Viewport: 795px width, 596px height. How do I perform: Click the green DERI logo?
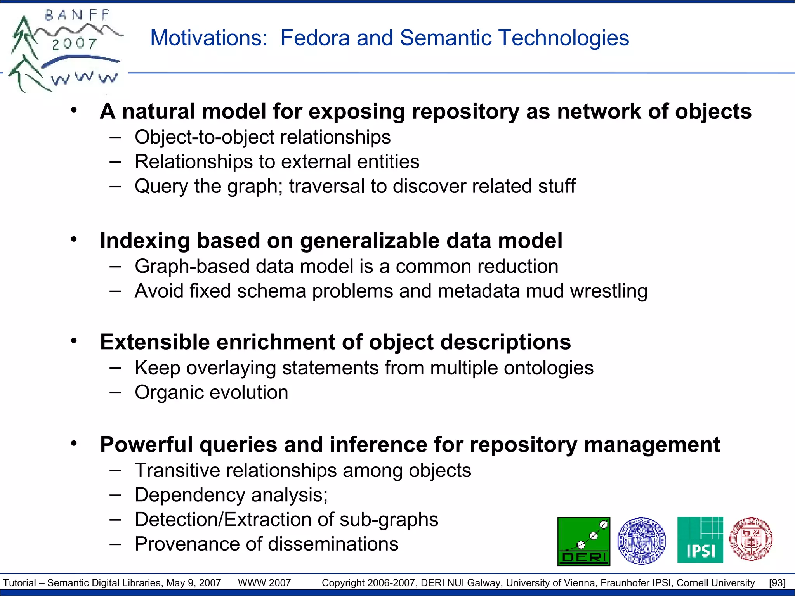[x=583, y=541]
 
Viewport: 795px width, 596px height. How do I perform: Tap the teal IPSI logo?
[x=700, y=540]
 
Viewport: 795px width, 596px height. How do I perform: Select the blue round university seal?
[x=641, y=540]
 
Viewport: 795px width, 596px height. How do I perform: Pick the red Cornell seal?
[x=751, y=539]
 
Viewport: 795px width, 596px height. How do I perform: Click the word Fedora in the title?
[x=315, y=38]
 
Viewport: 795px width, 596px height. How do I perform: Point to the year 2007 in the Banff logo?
[x=75, y=43]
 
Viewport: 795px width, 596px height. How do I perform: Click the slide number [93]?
[x=777, y=583]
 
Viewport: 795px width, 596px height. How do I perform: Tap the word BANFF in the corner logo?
[x=78, y=16]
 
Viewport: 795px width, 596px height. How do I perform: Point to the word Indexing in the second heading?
[x=145, y=241]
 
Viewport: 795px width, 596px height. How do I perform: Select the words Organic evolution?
[x=211, y=392]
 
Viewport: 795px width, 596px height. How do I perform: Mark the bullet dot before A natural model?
[x=74, y=111]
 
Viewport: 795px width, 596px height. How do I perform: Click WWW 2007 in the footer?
[x=264, y=583]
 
